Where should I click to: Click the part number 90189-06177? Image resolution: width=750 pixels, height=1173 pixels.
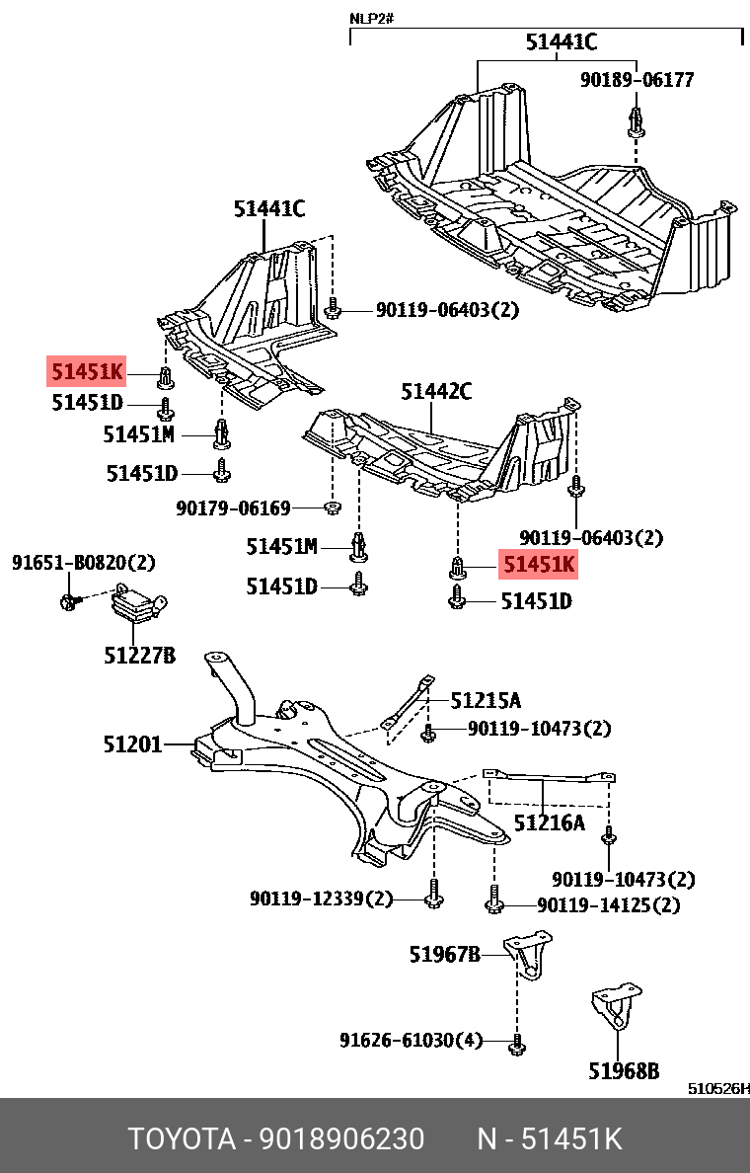[637, 80]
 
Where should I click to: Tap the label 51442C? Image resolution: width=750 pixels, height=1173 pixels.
[436, 392]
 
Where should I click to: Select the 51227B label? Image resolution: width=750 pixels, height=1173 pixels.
[140, 655]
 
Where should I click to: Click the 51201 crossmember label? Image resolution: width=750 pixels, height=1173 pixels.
[132, 744]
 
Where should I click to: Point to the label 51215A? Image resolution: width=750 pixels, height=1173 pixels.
[486, 701]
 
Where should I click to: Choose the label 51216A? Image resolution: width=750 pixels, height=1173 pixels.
[549, 821]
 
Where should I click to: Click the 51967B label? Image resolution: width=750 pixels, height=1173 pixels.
[445, 954]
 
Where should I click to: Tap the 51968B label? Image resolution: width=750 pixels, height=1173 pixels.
[624, 1069]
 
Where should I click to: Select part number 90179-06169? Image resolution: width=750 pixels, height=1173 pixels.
[234, 508]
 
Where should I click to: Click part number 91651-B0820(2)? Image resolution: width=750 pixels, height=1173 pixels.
[84, 563]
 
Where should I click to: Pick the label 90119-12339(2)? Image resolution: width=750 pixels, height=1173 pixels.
[321, 899]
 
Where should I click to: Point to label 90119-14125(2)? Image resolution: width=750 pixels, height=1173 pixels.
[609, 904]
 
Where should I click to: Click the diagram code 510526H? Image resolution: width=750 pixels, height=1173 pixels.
[717, 1089]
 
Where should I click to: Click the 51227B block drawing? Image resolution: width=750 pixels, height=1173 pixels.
[137, 604]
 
